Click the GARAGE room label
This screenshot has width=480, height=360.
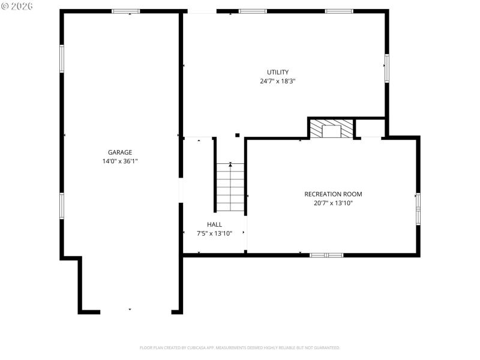(x=120, y=152)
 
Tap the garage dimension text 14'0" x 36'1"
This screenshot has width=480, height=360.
(x=120, y=161)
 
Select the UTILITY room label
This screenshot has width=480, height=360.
(x=278, y=72)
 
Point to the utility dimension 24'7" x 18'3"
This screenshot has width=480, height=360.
(x=278, y=80)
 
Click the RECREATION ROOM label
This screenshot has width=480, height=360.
(x=333, y=194)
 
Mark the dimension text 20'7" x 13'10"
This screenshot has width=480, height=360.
(x=333, y=203)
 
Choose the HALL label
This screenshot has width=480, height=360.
(x=214, y=224)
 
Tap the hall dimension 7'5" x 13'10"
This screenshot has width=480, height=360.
(x=214, y=233)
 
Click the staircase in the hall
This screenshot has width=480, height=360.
(x=230, y=187)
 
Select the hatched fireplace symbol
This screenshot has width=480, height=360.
(x=331, y=129)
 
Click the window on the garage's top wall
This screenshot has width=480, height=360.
(x=126, y=11)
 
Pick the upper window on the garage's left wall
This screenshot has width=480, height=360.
(x=61, y=58)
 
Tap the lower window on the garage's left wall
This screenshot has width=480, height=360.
(x=61, y=205)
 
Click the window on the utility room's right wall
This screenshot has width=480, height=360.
(x=387, y=68)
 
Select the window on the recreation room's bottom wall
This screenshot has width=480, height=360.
(x=326, y=255)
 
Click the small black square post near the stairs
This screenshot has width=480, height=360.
(x=238, y=135)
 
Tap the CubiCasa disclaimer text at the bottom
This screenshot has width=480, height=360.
(x=240, y=347)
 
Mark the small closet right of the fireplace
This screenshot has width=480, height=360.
(x=370, y=128)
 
